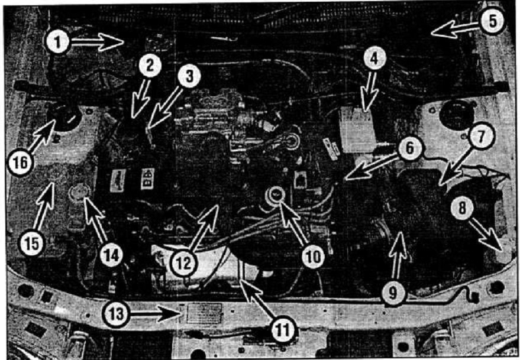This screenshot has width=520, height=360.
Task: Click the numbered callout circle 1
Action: (58, 42)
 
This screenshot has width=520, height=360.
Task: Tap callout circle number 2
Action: (150, 65)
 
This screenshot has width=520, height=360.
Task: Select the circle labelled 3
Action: (189, 76)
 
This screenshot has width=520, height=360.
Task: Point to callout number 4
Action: (374, 59)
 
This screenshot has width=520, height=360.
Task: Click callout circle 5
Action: (492, 21)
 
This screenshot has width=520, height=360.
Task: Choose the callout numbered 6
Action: (410, 148)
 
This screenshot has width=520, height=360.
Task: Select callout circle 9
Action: (393, 293)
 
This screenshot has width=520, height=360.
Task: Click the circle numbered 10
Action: (314, 255)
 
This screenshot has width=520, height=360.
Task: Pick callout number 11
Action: (283, 330)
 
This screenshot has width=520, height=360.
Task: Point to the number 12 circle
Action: (184, 263)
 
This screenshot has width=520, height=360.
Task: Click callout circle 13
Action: (117, 314)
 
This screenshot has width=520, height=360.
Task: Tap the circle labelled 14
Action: (111, 255)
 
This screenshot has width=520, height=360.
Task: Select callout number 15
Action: (31, 244)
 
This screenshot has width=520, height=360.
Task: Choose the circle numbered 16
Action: (21, 163)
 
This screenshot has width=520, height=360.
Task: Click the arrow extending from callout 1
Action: (97, 42)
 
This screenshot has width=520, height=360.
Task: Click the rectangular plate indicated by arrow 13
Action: (204, 313)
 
